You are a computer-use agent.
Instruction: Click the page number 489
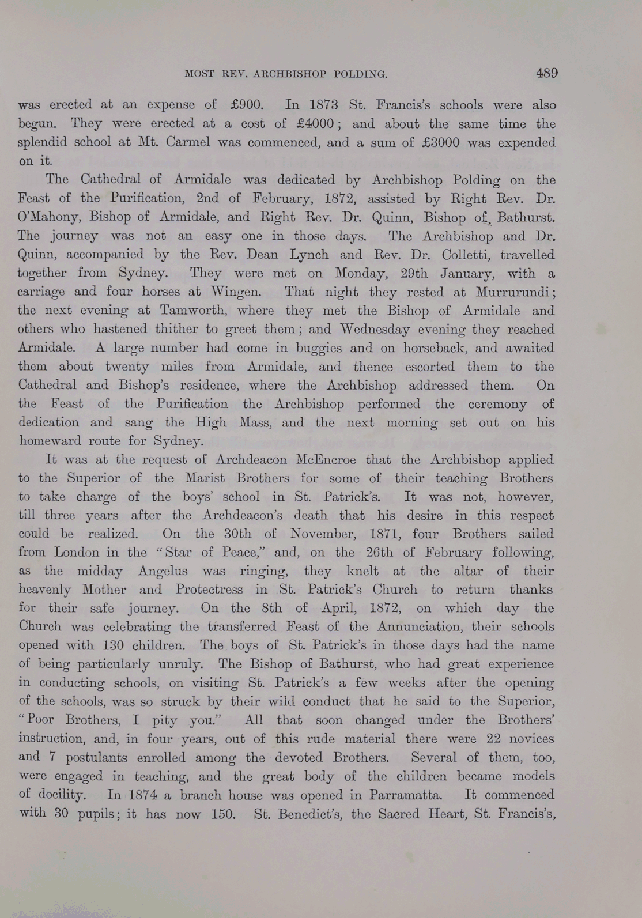coord(546,73)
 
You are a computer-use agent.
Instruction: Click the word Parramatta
coord(399,795)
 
